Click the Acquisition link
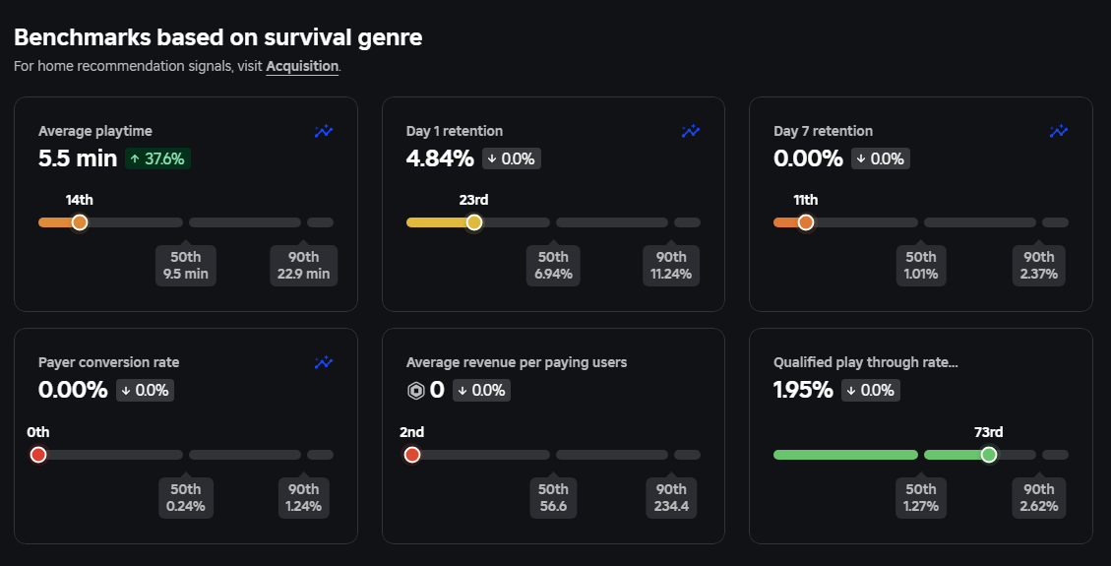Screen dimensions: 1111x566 click(302, 67)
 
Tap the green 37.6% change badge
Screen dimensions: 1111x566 click(157, 158)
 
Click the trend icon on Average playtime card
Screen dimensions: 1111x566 click(324, 131)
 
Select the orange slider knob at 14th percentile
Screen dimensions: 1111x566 click(80, 222)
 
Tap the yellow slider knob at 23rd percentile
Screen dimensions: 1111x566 click(474, 222)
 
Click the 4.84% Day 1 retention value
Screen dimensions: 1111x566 click(440, 158)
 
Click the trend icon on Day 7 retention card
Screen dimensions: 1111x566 click(1059, 131)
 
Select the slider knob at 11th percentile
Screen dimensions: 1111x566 click(806, 222)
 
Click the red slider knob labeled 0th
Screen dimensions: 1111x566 click(38, 455)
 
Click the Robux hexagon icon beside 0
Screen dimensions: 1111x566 click(416, 391)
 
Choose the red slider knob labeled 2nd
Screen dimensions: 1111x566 click(411, 455)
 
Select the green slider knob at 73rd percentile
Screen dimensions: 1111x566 click(989, 455)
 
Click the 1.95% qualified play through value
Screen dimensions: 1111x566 click(804, 391)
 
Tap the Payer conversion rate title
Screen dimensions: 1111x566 click(108, 362)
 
